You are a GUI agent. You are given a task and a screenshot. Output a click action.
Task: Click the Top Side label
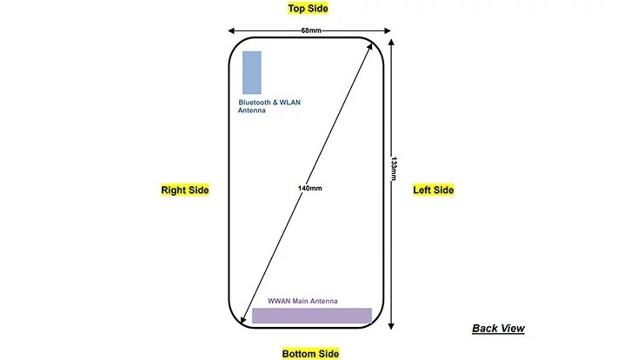308,9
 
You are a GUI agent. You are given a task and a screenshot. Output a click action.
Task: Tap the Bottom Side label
310,354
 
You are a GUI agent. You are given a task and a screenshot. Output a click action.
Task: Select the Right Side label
184,190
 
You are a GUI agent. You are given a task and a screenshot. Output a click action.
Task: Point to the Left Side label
434,190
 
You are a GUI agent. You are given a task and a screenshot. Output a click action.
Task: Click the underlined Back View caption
498,329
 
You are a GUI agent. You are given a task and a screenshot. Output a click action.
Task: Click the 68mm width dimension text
311,30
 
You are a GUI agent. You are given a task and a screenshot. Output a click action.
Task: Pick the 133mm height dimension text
394,169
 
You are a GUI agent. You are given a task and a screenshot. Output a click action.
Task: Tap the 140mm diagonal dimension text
310,188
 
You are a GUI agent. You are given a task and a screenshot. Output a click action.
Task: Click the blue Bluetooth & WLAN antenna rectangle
252,72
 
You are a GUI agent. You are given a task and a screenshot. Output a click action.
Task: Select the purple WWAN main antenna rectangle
312,316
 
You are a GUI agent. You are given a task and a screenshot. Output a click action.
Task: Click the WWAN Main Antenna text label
302,301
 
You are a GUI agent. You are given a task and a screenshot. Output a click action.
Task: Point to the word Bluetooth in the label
255,103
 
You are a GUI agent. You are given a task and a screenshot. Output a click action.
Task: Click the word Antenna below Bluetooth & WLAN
251,110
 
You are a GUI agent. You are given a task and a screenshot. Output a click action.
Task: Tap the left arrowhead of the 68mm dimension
231,30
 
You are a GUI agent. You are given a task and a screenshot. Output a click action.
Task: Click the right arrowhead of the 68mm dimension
388,30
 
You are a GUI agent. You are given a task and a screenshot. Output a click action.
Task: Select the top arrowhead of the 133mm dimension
391,43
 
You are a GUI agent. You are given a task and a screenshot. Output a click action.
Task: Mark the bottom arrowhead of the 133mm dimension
391,326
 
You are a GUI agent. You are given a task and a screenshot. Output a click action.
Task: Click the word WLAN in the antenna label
290,103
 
